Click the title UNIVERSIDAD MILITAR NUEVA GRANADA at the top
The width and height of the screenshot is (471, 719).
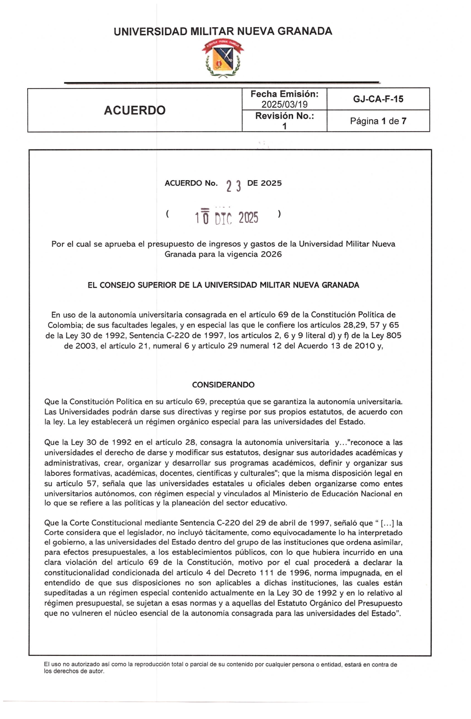(x=223, y=32)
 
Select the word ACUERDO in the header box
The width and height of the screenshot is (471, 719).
(x=135, y=111)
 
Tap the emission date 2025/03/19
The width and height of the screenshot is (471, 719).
(x=284, y=104)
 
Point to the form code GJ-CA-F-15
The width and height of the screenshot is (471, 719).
(x=378, y=99)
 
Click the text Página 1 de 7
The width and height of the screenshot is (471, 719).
(x=378, y=121)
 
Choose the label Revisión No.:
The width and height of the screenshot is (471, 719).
(x=284, y=116)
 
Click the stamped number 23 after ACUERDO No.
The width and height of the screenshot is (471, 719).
(x=233, y=186)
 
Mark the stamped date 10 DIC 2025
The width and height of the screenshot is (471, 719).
(x=227, y=217)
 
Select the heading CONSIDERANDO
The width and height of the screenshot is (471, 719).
(x=223, y=385)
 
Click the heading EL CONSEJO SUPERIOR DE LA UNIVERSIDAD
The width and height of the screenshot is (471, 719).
(x=223, y=285)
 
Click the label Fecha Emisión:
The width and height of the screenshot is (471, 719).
(x=284, y=94)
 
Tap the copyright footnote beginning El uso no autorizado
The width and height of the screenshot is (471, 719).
(x=220, y=668)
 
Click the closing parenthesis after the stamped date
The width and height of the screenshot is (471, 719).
(x=280, y=214)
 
